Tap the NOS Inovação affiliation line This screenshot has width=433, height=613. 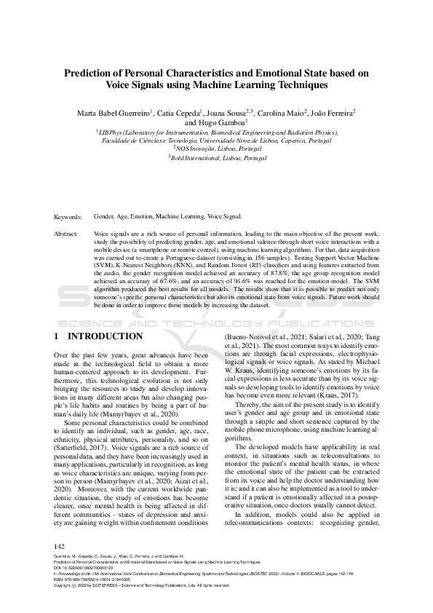(x=217, y=149)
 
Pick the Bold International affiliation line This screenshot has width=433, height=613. (x=217, y=157)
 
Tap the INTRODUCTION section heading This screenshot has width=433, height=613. (x=105, y=336)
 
